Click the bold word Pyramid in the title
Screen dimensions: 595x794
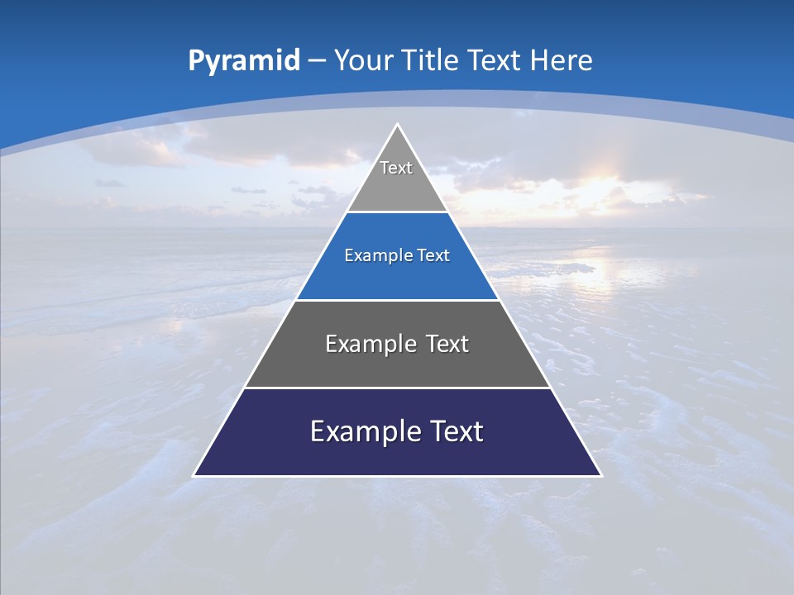click(x=244, y=61)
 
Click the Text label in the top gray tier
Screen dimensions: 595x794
click(x=396, y=168)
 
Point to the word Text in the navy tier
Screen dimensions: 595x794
click(x=454, y=431)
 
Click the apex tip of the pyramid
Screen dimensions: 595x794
click(x=397, y=125)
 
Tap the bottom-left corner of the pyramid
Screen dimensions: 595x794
click(x=194, y=475)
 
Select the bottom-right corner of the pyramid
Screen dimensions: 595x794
click(x=600, y=475)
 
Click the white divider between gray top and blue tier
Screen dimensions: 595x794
click(x=397, y=212)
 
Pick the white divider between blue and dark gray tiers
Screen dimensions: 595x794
click(x=397, y=300)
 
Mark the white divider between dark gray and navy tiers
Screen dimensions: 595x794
click(x=397, y=388)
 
